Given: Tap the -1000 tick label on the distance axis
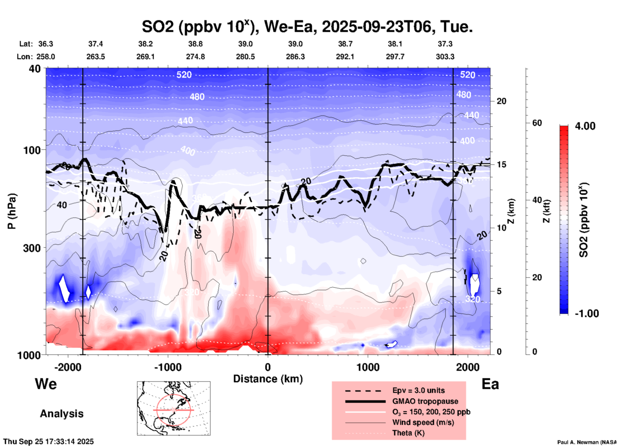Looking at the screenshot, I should tap(168, 367).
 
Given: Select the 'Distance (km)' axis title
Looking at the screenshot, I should tap(268, 379).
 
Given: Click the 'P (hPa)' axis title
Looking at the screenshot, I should tap(12, 211).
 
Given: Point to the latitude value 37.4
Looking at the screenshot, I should tap(95, 44).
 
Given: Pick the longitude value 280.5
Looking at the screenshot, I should tap(245, 57).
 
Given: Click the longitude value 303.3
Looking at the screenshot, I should tap(445, 57).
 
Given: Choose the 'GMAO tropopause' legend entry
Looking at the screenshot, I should tap(425, 401).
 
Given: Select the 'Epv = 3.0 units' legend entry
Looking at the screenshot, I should tap(418, 390).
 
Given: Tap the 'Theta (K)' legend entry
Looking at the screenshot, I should tap(408, 433).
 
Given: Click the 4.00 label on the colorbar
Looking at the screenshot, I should tap(585, 126).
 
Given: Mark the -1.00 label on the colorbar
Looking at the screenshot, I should tap(587, 314).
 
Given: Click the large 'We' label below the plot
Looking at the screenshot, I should tap(46, 384).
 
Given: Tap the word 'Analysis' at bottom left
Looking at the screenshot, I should tap(62, 414).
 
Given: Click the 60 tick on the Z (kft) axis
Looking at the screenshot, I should tap(537, 123).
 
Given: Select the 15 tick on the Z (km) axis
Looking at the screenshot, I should tap(501, 164).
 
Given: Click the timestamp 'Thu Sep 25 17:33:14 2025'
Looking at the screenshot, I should tap(48, 442).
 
